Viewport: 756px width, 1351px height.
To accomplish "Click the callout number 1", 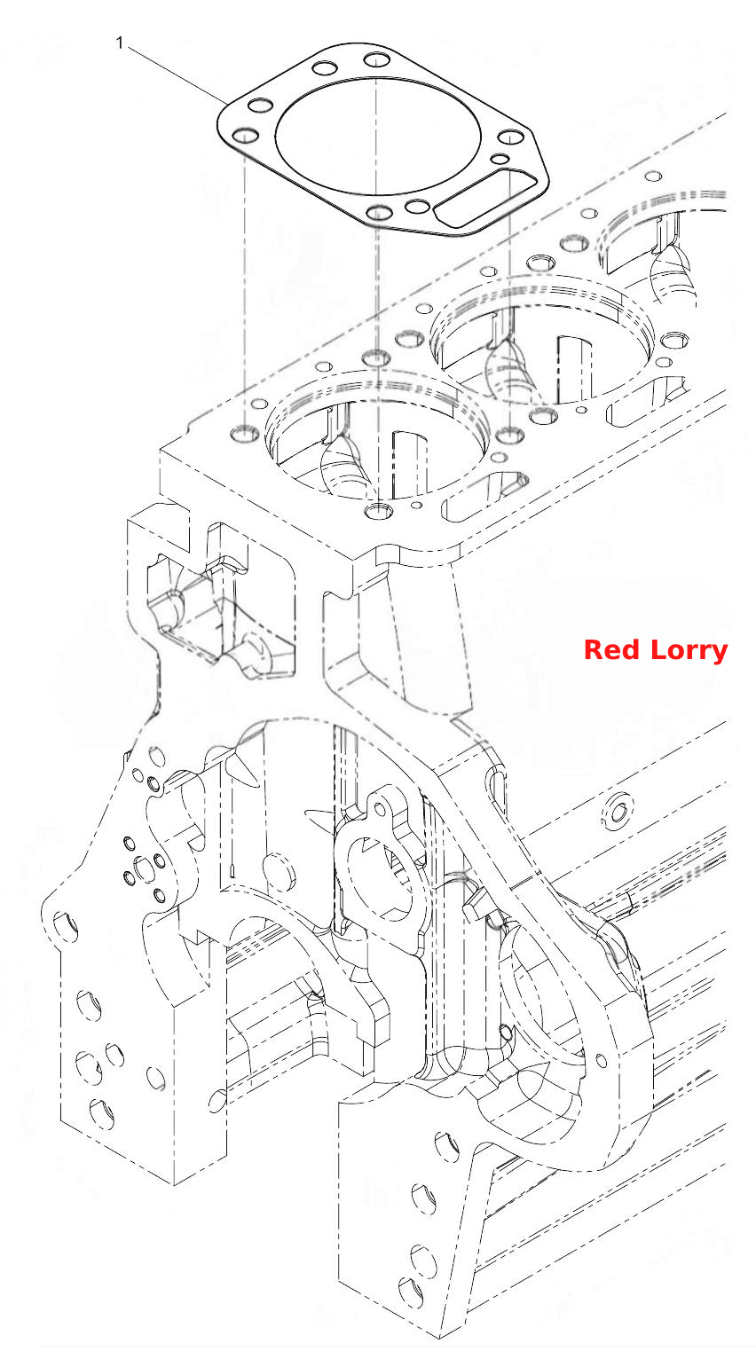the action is pyautogui.click(x=120, y=43).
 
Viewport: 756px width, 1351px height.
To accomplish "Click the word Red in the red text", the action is pyautogui.click(x=611, y=650).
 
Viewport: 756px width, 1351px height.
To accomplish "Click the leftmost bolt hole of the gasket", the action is pyautogui.click(x=246, y=135).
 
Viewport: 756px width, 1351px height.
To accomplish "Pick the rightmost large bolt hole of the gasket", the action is pyautogui.click(x=511, y=137).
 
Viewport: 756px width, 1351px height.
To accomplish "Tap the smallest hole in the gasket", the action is pyautogui.click(x=500, y=159).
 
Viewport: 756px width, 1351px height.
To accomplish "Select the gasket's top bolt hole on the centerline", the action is pyautogui.click(x=378, y=59).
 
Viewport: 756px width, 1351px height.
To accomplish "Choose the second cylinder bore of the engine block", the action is pyautogui.click(x=542, y=340).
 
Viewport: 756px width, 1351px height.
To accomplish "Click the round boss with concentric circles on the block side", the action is pyautogui.click(x=617, y=812).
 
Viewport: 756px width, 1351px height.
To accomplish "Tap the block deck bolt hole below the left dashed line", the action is pyautogui.click(x=244, y=433).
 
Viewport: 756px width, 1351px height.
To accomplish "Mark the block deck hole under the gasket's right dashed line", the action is pyautogui.click(x=510, y=435).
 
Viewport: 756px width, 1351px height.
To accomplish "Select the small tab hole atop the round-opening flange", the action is pyautogui.click(x=379, y=809).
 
